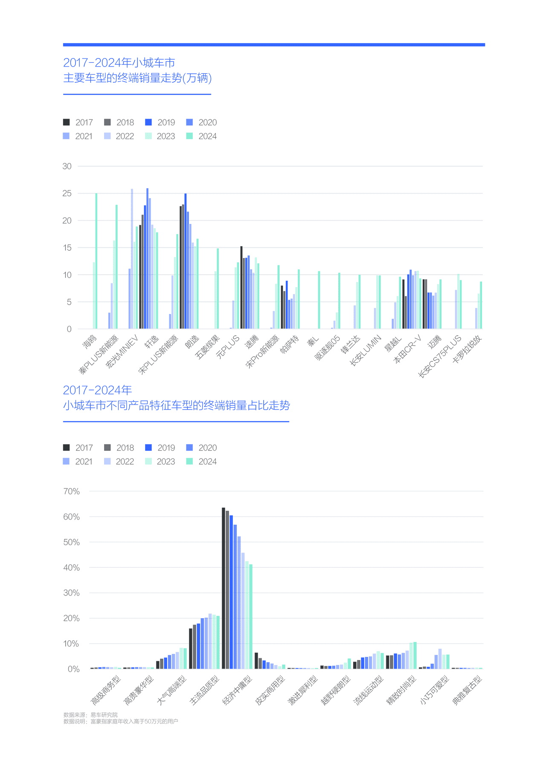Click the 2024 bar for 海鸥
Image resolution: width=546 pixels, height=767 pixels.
(96, 261)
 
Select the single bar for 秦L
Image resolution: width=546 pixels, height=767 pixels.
(319, 300)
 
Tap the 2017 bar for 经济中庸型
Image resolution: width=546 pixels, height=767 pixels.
(224, 588)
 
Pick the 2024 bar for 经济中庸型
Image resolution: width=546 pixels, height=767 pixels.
(251, 617)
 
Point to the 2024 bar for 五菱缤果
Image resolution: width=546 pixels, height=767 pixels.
(218, 288)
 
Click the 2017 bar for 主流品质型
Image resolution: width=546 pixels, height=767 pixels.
(191, 648)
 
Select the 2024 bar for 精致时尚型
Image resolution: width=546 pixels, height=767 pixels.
(415, 655)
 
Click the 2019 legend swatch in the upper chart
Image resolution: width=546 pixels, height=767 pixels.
(148, 122)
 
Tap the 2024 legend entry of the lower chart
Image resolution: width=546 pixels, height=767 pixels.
(202, 462)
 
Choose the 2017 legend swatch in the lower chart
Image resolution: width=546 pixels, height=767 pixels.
(67, 447)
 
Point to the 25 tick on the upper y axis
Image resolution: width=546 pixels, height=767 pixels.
(67, 193)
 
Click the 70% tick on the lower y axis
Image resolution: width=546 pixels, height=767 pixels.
(72, 491)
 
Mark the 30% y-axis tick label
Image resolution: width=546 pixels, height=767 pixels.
(72, 593)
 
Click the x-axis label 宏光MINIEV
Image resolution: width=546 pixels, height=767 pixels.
(122, 352)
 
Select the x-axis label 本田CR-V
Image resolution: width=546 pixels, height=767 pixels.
(407, 349)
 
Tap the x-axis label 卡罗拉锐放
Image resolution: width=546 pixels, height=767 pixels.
(467, 349)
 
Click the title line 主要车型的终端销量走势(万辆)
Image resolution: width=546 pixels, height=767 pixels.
(138, 78)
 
